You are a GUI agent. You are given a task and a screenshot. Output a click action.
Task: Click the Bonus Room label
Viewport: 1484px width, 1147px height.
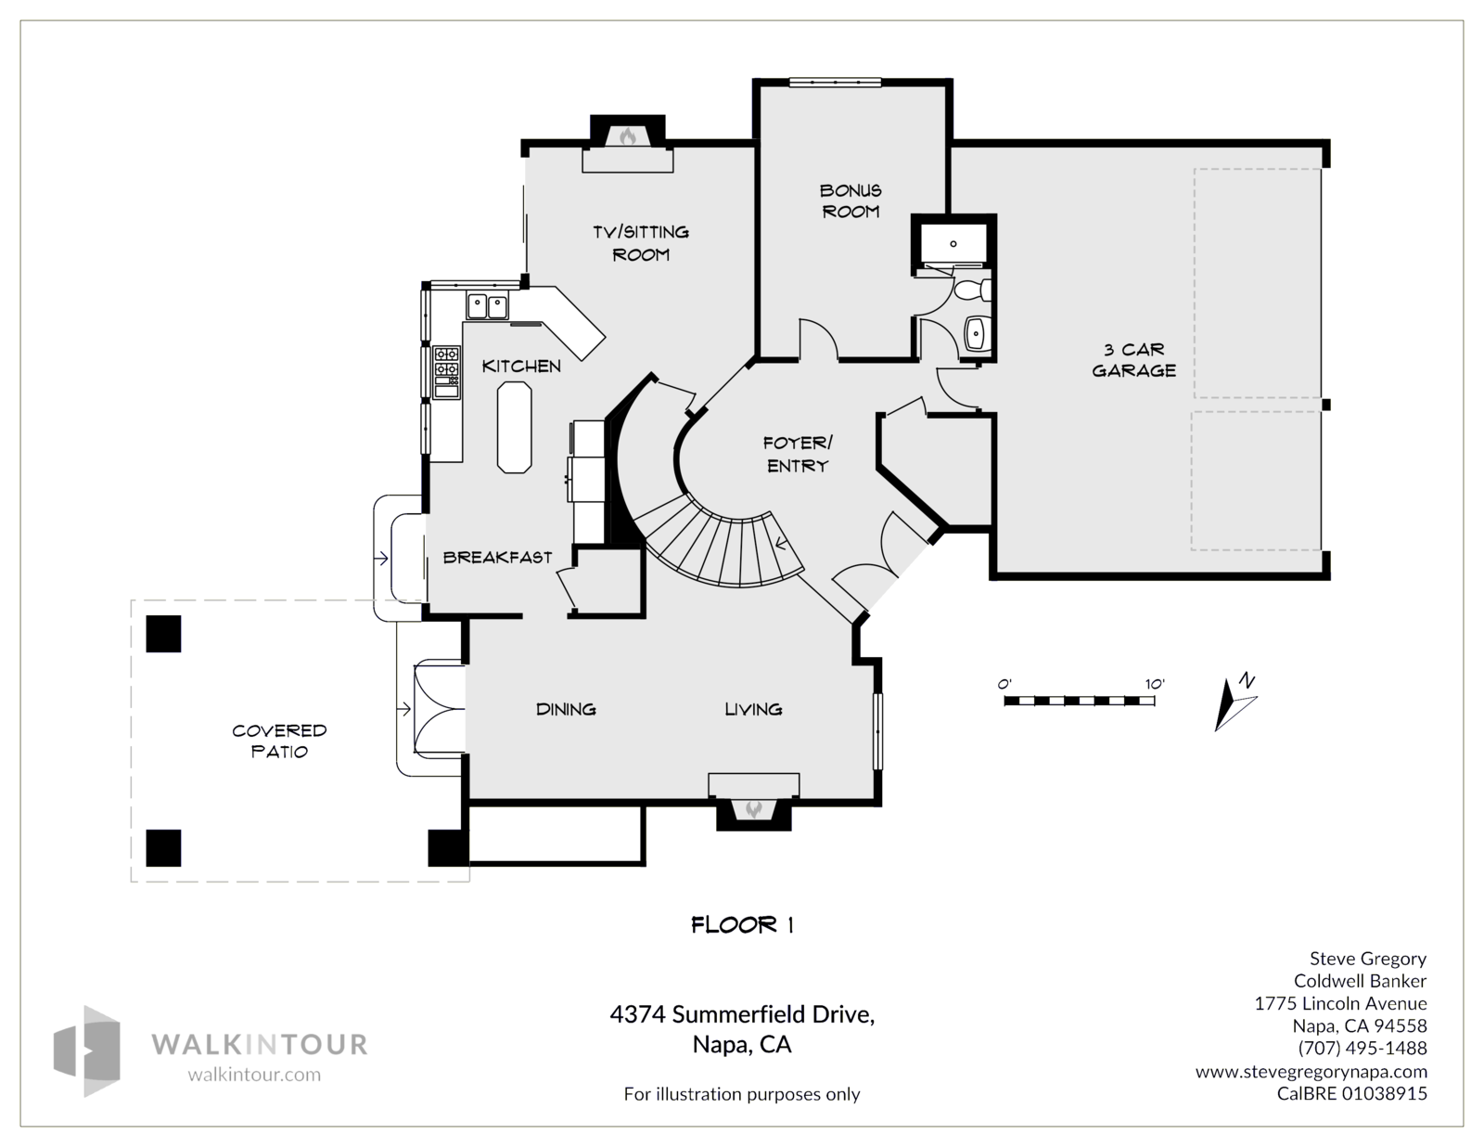pyautogui.click(x=851, y=200)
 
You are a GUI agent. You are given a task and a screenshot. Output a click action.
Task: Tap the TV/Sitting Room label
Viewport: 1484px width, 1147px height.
pyautogui.click(x=641, y=243)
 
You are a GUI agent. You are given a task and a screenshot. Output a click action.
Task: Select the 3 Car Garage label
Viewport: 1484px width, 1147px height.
pyautogui.click(x=1133, y=360)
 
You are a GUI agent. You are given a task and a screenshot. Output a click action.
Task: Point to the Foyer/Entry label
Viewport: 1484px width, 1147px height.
pyautogui.click(x=798, y=455)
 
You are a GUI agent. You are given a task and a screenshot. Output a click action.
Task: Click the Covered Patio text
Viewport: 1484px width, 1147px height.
pyautogui.click(x=279, y=741)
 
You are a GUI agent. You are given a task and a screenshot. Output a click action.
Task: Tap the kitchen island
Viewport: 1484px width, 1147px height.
pyautogui.click(x=514, y=428)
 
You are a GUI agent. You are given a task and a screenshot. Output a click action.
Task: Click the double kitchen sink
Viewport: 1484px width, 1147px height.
pyautogui.click(x=487, y=306)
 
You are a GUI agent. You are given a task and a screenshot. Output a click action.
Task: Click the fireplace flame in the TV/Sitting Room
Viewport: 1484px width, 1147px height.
pyautogui.click(x=628, y=136)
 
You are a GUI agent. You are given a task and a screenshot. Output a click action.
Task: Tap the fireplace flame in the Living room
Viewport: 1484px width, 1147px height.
pyautogui.click(x=753, y=810)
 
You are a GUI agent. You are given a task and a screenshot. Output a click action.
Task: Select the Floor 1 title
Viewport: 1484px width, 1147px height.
pyautogui.click(x=742, y=925)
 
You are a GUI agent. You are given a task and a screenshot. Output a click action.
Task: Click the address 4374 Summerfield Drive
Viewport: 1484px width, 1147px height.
pyautogui.click(x=742, y=1014)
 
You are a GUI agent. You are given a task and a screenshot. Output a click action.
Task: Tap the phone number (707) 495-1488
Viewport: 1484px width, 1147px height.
pyautogui.click(x=1362, y=1048)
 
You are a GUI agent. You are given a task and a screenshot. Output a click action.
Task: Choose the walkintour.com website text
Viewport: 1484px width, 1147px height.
pyautogui.click(x=254, y=1075)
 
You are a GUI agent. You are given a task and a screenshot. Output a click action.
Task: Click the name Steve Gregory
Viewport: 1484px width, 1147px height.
pyautogui.click(x=1368, y=960)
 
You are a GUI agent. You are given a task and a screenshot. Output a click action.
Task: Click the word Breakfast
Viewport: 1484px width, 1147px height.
pyautogui.click(x=498, y=558)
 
